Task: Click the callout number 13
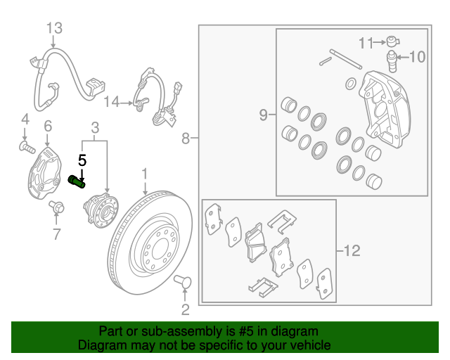pyautogui.click(x=55, y=28)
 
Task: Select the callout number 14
pyautogui.click(x=112, y=102)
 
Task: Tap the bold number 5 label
pyautogui.click(x=82, y=160)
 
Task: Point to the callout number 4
pyautogui.click(x=24, y=117)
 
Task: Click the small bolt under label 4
pyautogui.click(x=26, y=146)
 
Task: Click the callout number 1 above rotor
pyautogui.click(x=145, y=172)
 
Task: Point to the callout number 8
pyautogui.click(x=186, y=139)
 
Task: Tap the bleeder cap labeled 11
pyautogui.click(x=393, y=41)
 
